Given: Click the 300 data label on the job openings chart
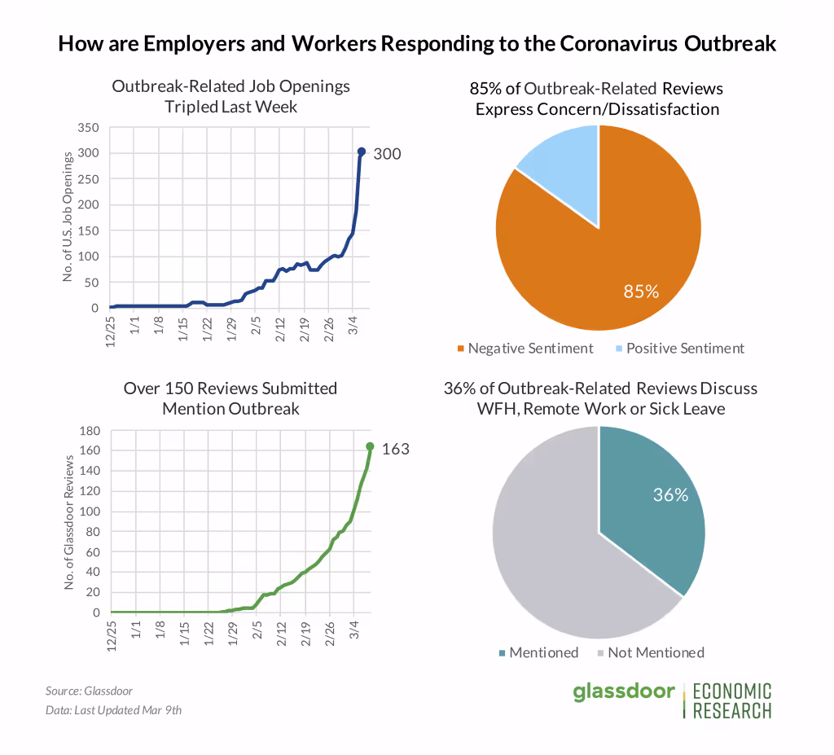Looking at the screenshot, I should coord(387,153).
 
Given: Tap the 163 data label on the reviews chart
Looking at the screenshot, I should coord(395,449).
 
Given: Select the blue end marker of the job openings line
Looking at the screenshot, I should coord(362,151).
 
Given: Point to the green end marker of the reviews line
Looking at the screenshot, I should coord(370,446).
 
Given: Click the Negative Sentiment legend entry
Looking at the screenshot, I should coord(525,349).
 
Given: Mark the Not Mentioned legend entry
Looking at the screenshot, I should coord(651,652).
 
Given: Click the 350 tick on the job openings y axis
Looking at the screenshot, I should coord(88,128).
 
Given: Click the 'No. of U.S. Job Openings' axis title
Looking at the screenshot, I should coord(68,217).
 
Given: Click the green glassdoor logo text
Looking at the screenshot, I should coord(623,692).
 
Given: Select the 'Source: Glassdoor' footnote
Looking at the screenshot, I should coord(89,691).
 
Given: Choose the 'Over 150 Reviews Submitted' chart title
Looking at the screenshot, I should coord(230,388).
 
